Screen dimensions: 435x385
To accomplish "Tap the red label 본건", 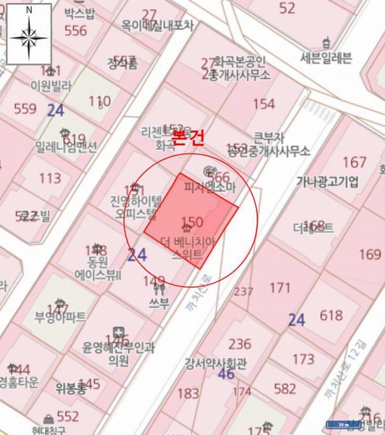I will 187,140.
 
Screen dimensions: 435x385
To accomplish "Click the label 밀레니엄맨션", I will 65,147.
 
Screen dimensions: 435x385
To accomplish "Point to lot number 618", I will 331,315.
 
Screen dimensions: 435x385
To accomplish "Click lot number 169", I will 369,254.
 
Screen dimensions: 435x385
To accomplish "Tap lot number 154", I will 263,104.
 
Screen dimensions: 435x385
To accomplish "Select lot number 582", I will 285,389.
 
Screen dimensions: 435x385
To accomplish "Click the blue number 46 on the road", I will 225,374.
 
